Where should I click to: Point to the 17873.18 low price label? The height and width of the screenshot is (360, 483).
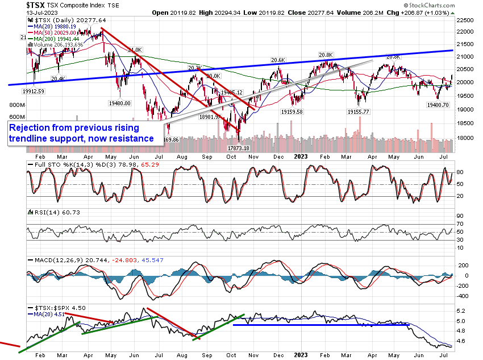tap(239, 148)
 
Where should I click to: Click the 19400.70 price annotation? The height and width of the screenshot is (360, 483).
tap(438, 105)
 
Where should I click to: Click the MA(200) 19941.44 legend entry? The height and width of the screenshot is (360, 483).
tap(56, 39)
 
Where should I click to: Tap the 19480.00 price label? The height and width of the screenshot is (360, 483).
tap(120, 104)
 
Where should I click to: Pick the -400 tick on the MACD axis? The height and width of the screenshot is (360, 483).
tap(463, 296)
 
